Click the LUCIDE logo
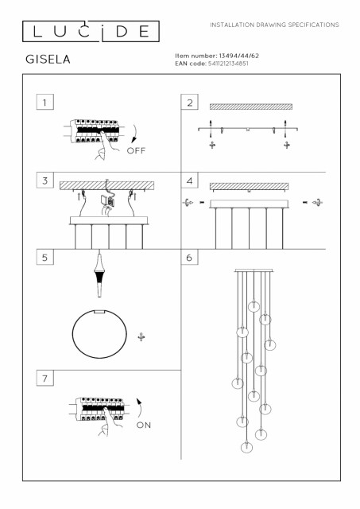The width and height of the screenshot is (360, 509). point(91,32)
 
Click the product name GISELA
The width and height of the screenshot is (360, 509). point(48,60)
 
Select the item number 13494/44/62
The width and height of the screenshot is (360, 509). point(239,56)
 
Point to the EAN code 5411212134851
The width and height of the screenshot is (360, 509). point(228,64)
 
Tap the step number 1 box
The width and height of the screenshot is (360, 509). point(45,102)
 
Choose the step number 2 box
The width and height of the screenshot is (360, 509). point(189,102)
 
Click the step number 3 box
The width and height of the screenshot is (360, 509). point(45,181)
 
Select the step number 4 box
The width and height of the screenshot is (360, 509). point(189,181)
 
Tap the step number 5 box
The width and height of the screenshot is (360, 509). point(45,257)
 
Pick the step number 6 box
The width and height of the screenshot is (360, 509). point(189,257)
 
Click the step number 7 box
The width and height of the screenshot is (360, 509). point(45,378)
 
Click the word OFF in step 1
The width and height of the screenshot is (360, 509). point(136,150)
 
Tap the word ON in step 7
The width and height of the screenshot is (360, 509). point(144,425)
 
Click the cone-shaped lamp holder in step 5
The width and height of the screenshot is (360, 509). point(99,275)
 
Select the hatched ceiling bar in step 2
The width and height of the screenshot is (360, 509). point(251,107)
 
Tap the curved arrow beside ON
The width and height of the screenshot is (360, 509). point(140,408)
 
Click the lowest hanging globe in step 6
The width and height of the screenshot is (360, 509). point(247,447)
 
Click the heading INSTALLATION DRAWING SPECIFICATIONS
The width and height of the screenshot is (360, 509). point(274,25)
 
